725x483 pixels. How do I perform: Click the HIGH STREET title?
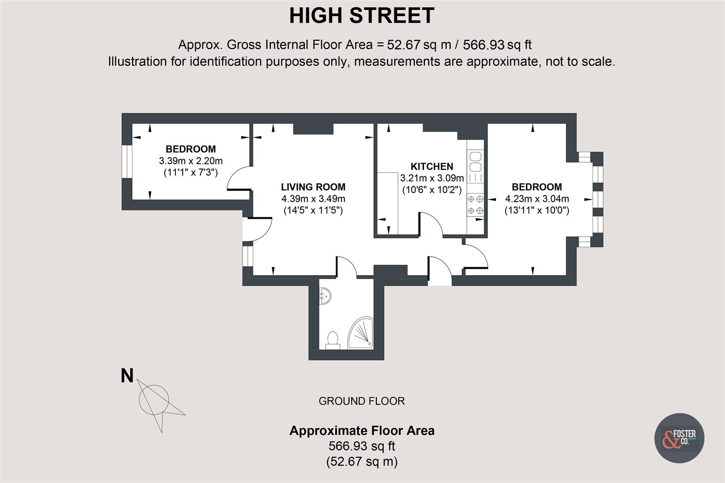click(x=362, y=16)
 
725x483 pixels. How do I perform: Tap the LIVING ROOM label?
click(x=313, y=187)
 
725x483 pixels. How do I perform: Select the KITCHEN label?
click(x=432, y=166)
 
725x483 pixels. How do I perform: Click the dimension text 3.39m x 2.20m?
click(x=191, y=161)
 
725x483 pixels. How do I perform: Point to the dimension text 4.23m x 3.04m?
click(x=537, y=199)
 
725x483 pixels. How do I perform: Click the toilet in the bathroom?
click(x=333, y=339)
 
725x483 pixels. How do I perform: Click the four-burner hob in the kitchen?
click(x=475, y=204)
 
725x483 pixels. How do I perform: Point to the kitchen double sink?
click(x=475, y=161)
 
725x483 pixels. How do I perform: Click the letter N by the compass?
click(x=127, y=376)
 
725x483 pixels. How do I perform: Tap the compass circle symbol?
click(x=154, y=399)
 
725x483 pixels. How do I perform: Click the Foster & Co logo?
click(x=679, y=438)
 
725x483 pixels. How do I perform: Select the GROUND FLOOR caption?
click(x=362, y=401)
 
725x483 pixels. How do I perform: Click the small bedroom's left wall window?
click(x=127, y=161)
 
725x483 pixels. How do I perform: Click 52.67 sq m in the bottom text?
click(x=362, y=461)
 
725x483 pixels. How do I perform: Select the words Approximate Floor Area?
click(x=362, y=431)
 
